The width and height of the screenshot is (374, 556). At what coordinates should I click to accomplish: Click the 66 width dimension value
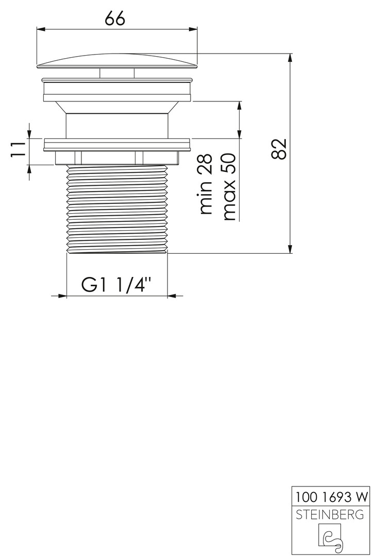click(115, 18)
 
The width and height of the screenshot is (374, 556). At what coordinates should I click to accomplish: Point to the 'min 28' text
click(206, 184)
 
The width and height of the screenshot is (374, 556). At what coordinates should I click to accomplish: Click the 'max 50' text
click(229, 187)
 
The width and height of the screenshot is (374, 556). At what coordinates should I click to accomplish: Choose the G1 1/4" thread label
click(116, 284)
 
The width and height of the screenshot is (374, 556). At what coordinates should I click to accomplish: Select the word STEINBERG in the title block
click(330, 514)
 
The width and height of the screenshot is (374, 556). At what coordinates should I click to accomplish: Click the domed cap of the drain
click(117, 60)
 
